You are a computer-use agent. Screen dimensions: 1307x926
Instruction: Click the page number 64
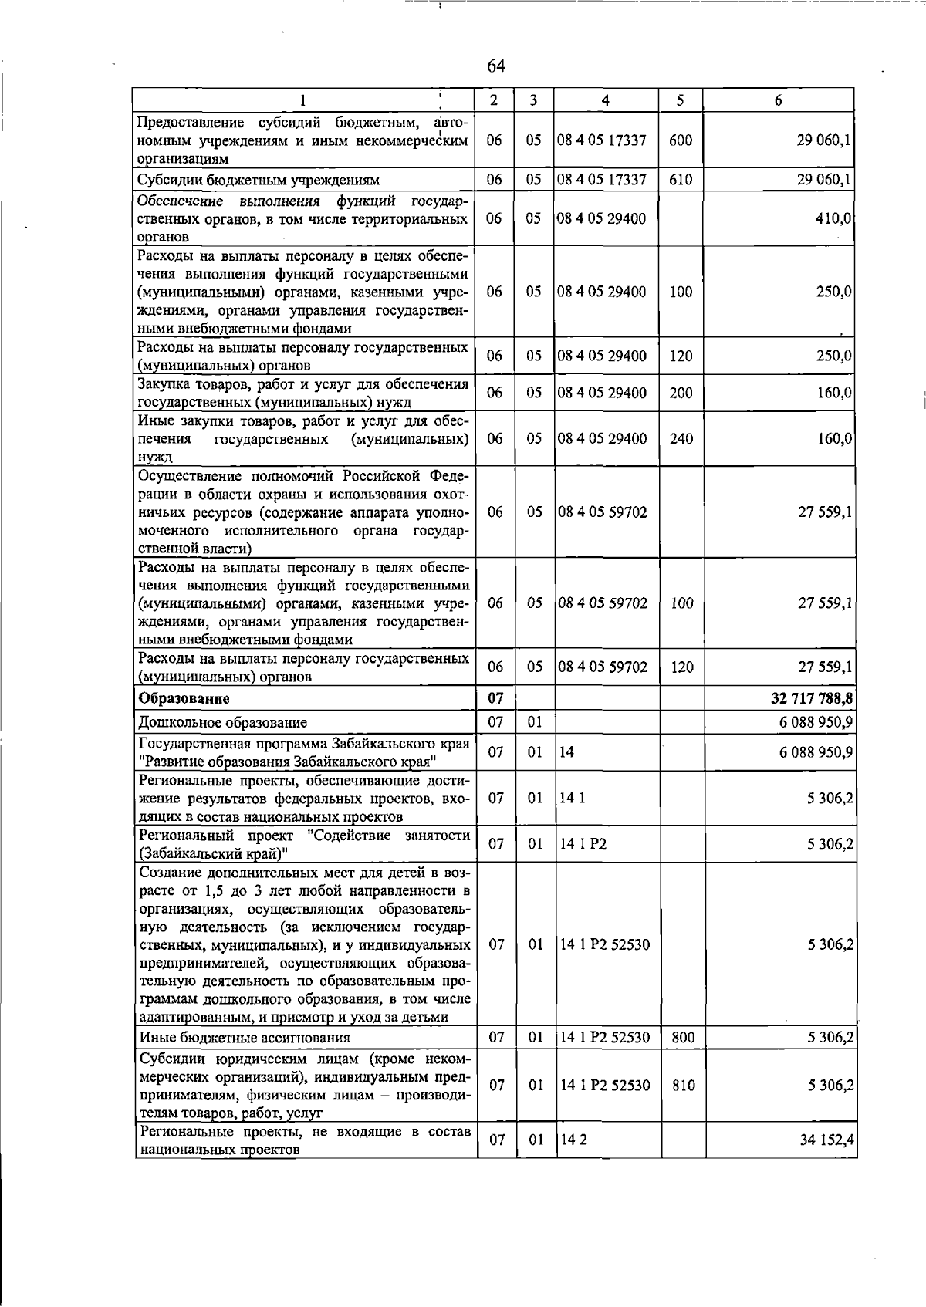(496, 66)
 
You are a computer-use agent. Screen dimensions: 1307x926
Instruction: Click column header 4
(605, 100)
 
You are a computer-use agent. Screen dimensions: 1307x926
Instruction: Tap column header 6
(779, 100)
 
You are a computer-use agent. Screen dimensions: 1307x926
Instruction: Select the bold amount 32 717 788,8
(811, 699)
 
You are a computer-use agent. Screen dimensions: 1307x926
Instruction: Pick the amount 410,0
(833, 218)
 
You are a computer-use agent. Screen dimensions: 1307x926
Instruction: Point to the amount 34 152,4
(826, 1140)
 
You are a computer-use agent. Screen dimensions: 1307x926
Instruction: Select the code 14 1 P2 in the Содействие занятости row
(583, 844)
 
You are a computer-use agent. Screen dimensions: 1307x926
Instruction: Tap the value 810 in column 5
(682, 1085)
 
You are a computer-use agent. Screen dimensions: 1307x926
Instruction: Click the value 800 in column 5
(682, 1038)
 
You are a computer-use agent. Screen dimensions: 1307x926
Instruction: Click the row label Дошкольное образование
(222, 723)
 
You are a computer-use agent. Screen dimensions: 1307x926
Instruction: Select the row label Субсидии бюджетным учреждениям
(258, 181)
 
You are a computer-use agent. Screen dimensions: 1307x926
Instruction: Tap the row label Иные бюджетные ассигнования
(244, 1038)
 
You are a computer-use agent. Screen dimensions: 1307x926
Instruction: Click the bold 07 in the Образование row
(495, 699)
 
